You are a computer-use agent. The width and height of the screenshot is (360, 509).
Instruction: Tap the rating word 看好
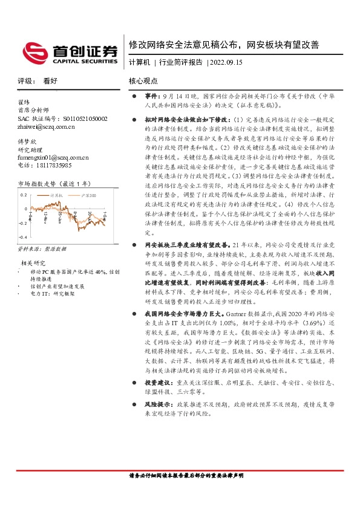(50, 80)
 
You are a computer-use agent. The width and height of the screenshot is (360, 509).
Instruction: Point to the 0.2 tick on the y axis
(24, 195)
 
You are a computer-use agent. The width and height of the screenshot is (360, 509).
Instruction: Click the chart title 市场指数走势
(37, 184)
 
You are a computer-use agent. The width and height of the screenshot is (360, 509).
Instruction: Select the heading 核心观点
(143, 80)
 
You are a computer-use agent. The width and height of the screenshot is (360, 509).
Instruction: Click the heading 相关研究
(33, 263)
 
